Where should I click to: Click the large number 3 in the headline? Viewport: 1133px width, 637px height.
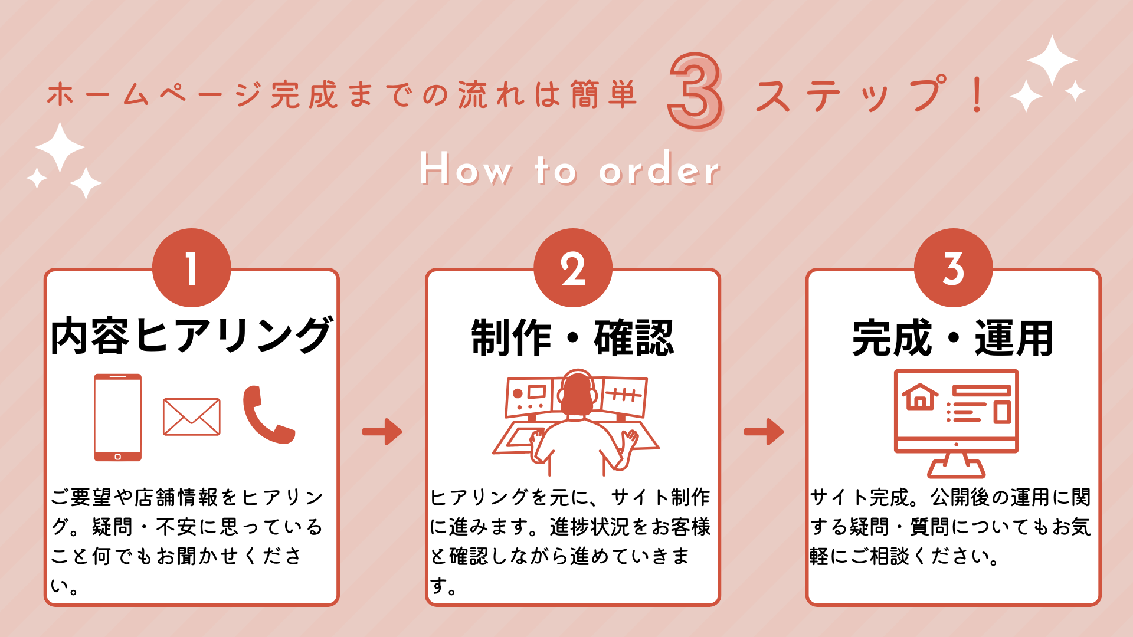(x=695, y=91)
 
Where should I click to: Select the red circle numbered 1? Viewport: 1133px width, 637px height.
(x=191, y=268)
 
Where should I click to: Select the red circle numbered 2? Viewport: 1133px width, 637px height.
(x=572, y=268)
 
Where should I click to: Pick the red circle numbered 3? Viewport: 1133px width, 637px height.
(x=953, y=268)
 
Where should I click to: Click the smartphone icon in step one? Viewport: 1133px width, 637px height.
(x=118, y=417)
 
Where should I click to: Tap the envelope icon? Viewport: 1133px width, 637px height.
(x=191, y=417)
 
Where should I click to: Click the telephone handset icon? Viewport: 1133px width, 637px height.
(x=267, y=415)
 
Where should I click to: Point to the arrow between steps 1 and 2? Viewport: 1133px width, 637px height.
(x=382, y=431)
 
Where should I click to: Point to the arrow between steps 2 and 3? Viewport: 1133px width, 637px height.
(x=764, y=431)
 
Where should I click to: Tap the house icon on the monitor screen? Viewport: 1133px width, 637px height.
(x=920, y=396)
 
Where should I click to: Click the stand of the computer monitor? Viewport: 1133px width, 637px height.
(x=956, y=465)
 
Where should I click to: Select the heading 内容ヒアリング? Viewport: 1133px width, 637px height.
(x=191, y=336)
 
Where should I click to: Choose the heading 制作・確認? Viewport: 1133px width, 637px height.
(x=572, y=338)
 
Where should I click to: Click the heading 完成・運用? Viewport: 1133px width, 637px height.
(x=953, y=338)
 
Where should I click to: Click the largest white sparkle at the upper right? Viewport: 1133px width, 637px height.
(x=1052, y=60)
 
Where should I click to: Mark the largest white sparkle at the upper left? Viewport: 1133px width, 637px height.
(x=60, y=147)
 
